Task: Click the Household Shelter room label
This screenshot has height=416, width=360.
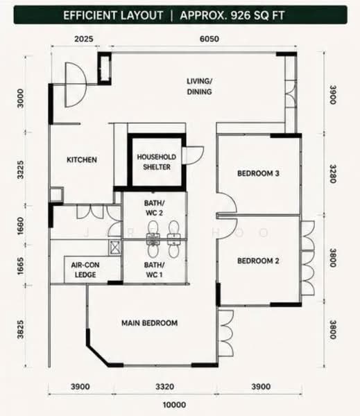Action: click(156, 162)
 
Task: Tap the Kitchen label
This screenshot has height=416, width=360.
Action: click(82, 159)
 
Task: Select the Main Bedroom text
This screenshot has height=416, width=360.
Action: click(149, 323)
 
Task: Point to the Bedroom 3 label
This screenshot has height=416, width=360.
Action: click(258, 173)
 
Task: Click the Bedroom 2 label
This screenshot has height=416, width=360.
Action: click(258, 261)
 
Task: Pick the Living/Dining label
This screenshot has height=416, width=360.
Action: click(199, 87)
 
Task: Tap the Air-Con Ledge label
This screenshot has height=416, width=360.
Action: click(85, 270)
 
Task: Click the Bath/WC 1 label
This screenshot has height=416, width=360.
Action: click(154, 270)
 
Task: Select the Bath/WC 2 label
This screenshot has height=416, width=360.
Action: click(154, 208)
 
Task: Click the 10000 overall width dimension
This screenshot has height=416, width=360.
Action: click(174, 405)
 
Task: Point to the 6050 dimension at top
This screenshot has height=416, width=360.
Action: click(209, 39)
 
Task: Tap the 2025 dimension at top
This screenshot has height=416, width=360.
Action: click(84, 39)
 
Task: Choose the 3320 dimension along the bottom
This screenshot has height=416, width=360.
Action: click(164, 387)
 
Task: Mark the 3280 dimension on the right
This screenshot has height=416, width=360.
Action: click(333, 174)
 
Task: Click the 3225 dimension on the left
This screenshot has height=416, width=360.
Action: click(20, 170)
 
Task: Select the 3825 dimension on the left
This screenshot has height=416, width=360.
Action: click(20, 330)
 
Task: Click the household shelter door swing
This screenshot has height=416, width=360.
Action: click(195, 155)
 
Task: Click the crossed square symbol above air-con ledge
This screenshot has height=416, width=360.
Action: click(115, 248)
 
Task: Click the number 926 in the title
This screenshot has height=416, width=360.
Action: click(240, 15)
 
